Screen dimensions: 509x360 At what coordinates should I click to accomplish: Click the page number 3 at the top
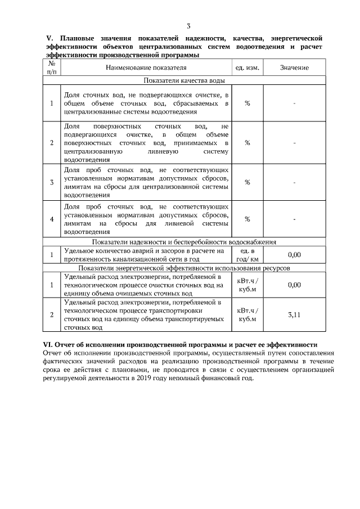coord(188,26)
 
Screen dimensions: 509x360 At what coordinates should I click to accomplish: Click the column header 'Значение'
coord(294,68)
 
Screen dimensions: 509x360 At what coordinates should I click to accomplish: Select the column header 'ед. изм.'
coord(247,68)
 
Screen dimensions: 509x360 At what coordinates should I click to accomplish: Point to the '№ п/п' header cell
coord(52,68)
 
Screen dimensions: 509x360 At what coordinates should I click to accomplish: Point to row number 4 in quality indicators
coord(52,219)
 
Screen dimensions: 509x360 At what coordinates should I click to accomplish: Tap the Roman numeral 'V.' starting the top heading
coord(48,38)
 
